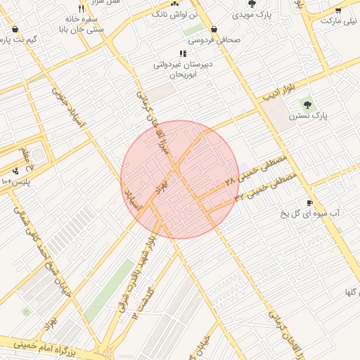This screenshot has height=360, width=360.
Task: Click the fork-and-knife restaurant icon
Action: (81, 9)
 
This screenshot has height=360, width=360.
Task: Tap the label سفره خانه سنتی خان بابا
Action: (84, 25)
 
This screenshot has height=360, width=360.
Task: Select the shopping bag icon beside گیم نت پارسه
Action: (15, 30)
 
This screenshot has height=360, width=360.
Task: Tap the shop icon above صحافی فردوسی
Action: (213, 30)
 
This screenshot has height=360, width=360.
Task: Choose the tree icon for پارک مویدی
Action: (252, 3)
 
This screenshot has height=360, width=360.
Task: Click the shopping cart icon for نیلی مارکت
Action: (338, 10)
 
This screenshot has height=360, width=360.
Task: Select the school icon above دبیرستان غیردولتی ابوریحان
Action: (183, 53)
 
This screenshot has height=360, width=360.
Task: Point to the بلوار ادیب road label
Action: (278, 92)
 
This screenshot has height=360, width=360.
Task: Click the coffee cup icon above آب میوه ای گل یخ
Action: (310, 202)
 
